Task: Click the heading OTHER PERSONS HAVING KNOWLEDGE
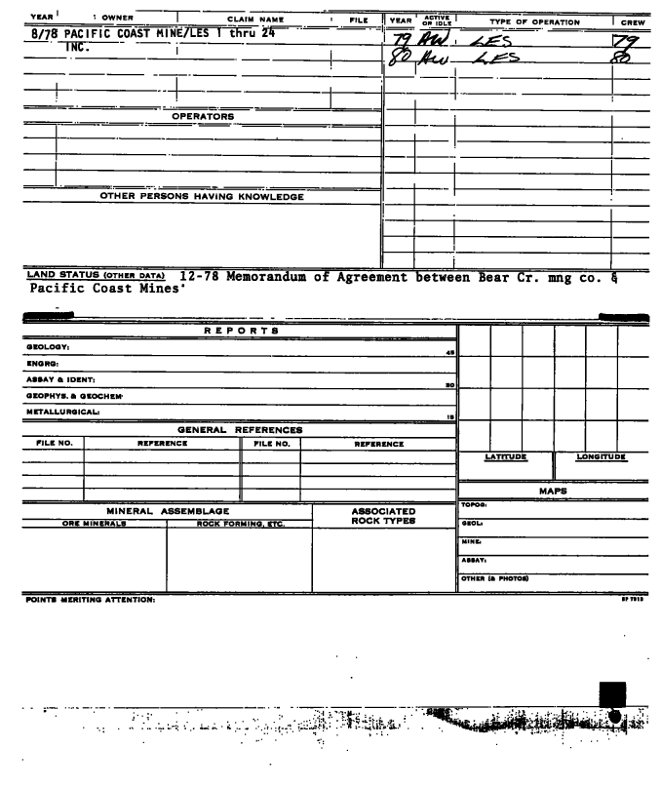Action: [203, 197]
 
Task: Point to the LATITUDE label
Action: [506, 456]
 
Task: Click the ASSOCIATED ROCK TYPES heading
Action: [383, 515]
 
